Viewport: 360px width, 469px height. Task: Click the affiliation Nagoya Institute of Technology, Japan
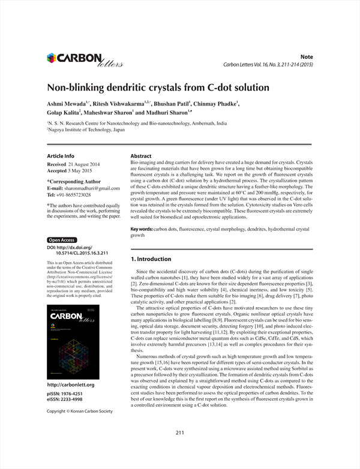coord(88,130)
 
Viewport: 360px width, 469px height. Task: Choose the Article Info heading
coord(61,156)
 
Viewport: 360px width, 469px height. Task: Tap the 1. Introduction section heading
coord(151,258)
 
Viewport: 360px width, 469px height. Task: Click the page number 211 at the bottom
coord(179,432)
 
